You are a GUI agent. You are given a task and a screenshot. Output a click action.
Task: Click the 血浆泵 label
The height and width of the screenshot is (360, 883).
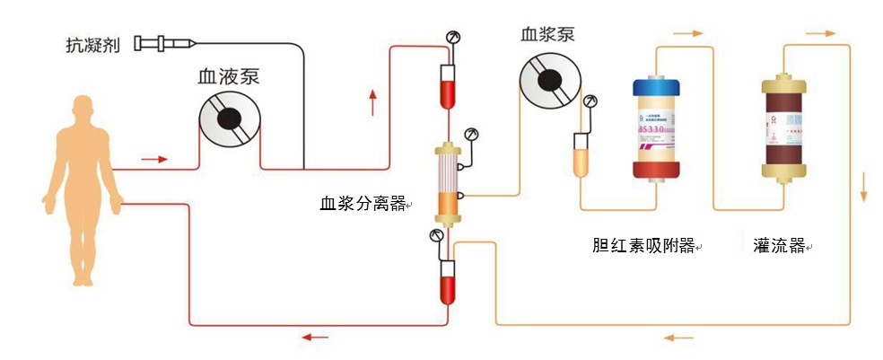[547, 35]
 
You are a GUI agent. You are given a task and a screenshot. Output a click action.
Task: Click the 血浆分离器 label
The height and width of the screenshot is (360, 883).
[363, 203]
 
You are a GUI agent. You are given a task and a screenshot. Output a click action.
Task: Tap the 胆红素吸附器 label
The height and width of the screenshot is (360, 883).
[643, 245]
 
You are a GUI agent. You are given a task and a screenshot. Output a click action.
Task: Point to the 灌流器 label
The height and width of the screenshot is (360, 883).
[779, 245]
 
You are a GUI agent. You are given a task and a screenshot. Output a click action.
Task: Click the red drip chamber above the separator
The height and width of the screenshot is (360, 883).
[446, 85]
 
